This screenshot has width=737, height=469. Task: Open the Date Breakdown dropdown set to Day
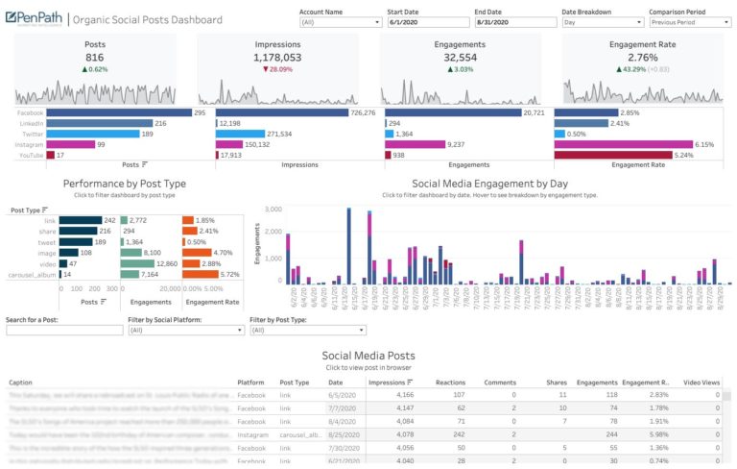pyautogui.click(x=601, y=21)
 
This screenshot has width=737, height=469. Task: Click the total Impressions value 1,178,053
pyautogui.click(x=277, y=57)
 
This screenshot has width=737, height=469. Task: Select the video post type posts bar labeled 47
pyautogui.click(x=66, y=262)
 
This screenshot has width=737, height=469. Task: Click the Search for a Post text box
pyautogui.click(x=62, y=330)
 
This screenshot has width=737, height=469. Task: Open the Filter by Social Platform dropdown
pyautogui.click(x=184, y=330)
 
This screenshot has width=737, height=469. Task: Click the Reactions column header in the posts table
pyautogui.click(x=450, y=382)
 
